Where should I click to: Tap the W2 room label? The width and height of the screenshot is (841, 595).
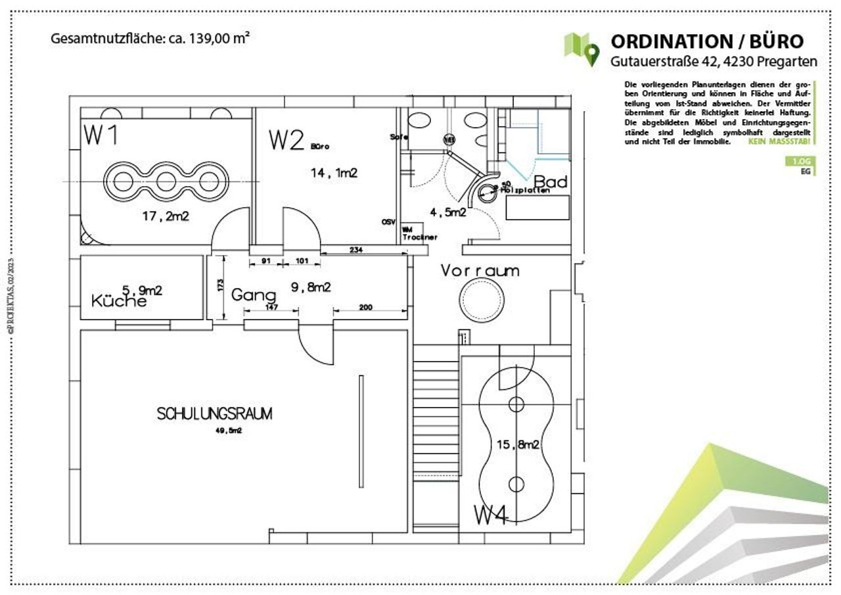tap(286, 141)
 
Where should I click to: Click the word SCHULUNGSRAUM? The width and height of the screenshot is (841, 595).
tap(214, 414)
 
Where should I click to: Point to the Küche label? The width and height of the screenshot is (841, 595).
tap(119, 302)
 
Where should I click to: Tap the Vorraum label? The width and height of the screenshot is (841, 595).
tap(480, 270)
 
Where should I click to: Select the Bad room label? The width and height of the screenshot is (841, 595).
tap(551, 181)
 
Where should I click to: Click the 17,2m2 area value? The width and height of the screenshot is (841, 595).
tap(166, 216)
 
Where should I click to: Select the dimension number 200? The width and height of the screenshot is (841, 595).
tap(365, 307)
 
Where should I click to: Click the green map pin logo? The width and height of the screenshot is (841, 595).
tap(581, 48)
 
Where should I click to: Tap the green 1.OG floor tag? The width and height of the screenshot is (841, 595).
tap(799, 162)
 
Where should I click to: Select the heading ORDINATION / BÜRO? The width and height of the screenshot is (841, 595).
tap(707, 41)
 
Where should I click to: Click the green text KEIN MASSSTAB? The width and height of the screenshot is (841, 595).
tap(781, 142)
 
